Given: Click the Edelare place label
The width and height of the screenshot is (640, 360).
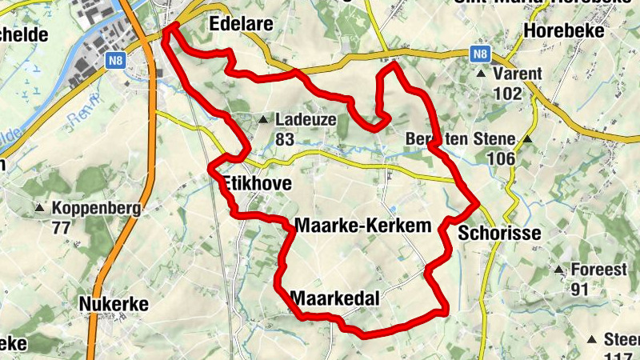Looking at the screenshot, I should (x=241, y=25).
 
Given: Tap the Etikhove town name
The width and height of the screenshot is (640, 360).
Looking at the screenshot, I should (x=255, y=185).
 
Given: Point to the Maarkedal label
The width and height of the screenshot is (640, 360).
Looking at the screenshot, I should (x=335, y=298).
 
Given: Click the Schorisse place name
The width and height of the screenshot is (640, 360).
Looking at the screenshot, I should (x=501, y=233).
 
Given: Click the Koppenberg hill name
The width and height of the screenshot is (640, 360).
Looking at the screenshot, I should (x=96, y=209).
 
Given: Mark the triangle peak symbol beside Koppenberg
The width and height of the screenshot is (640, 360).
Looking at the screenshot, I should (x=39, y=209).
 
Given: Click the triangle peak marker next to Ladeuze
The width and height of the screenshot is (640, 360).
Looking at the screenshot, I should (x=263, y=120).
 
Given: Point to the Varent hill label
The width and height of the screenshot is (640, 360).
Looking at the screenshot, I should (x=518, y=74).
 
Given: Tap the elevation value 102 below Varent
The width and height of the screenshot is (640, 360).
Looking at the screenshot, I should (x=507, y=93).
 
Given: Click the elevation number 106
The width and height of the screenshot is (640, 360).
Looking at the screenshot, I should (x=501, y=158).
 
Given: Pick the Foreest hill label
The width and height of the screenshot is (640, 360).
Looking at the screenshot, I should (x=598, y=270).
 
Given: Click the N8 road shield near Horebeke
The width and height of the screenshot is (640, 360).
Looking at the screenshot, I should (x=480, y=54).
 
